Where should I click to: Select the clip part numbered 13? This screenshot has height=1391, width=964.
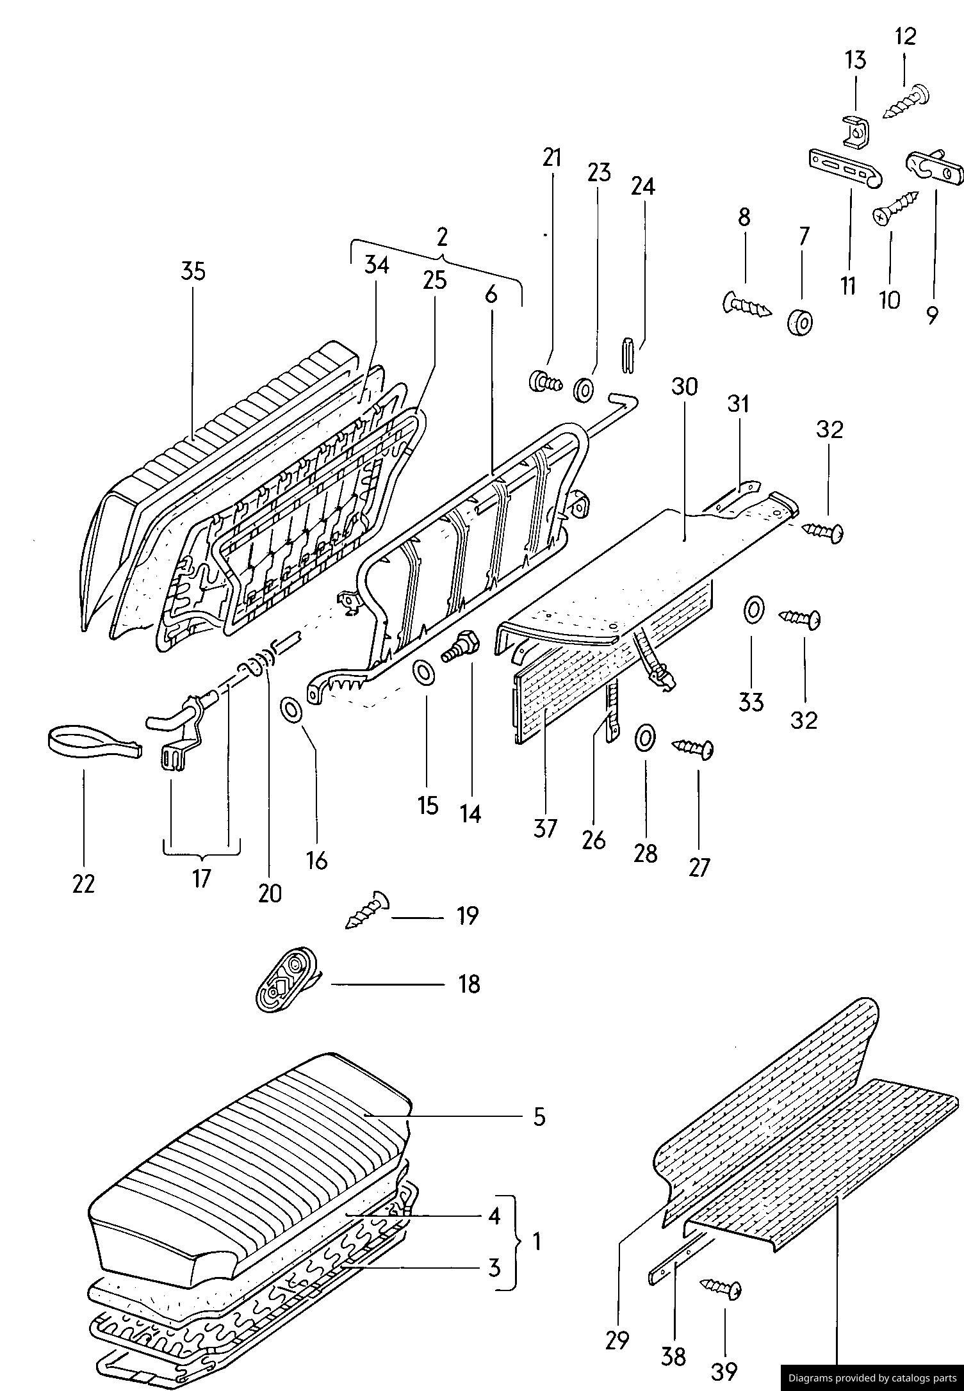(x=856, y=131)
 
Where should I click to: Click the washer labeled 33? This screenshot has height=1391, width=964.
(x=753, y=609)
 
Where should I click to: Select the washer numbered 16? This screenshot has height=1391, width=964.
(x=291, y=710)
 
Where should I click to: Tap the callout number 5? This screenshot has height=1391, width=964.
(x=539, y=1116)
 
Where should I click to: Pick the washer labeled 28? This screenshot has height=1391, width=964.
(x=645, y=738)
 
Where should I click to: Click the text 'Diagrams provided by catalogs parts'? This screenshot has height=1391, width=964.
(x=872, y=1378)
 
